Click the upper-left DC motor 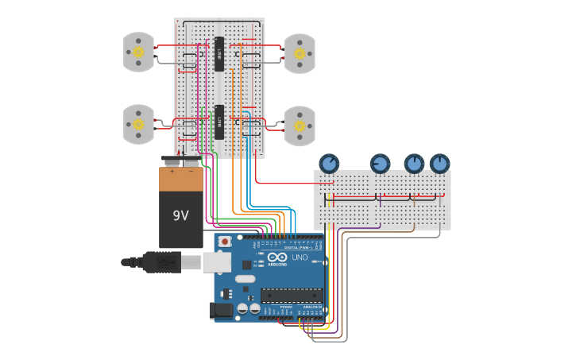click(138, 52)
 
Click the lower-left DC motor click(138, 125)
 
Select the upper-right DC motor click(300, 53)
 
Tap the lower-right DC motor click(300, 126)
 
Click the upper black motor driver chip click(219, 54)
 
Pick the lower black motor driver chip click(219, 122)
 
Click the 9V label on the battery click(181, 215)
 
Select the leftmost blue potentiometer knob click(329, 164)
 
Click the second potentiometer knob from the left click(380, 164)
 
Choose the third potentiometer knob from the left click(414, 164)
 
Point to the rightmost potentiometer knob click(439, 164)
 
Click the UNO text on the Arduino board click(300, 257)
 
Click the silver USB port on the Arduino click(217, 262)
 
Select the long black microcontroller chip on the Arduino click(291, 295)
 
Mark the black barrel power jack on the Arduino click(222, 312)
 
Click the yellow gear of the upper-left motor click(138, 52)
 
